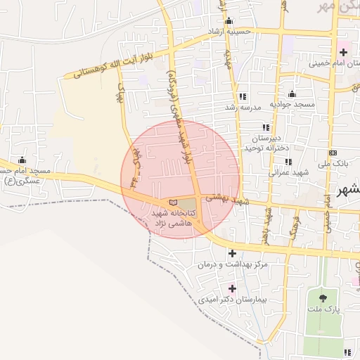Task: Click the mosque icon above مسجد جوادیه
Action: click(292, 94)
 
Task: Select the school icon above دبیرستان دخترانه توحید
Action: click(266, 127)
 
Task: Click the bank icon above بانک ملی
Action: click(333, 153)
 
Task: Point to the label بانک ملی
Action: click(333, 163)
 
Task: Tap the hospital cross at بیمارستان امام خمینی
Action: click(342, 52)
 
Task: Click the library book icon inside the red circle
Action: click(173, 202)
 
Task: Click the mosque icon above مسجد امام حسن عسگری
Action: click(22, 160)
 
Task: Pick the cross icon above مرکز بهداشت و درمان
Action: click(232, 253)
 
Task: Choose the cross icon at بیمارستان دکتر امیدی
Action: click(232, 288)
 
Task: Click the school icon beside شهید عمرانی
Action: click(288, 162)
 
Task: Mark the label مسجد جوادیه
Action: click(295, 105)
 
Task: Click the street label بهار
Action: click(120, 95)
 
